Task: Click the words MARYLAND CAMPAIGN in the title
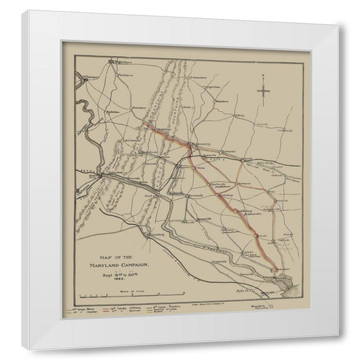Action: [124, 265]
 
